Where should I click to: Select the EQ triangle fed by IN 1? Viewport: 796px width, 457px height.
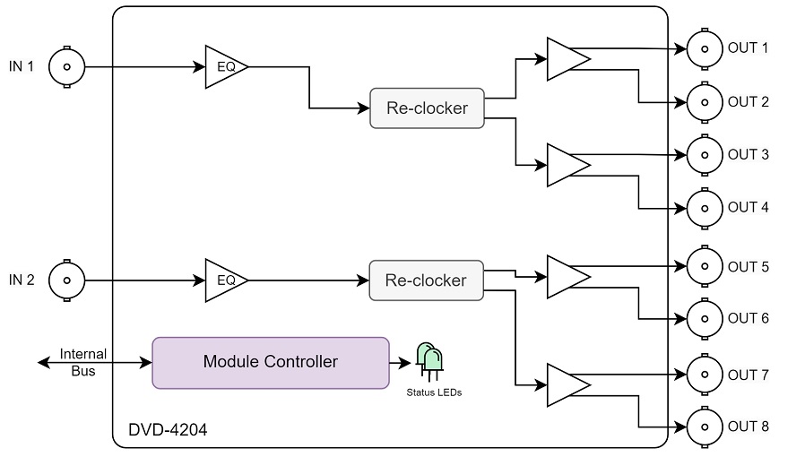[227, 67]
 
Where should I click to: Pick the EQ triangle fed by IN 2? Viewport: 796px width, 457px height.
[227, 280]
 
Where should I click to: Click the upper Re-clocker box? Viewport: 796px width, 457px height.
[427, 108]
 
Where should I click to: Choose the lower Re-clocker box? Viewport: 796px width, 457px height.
[426, 280]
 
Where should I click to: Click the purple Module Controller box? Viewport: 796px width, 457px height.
[271, 363]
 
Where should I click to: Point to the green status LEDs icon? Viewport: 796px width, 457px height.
[429, 361]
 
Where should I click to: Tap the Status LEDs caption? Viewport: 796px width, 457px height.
[434, 392]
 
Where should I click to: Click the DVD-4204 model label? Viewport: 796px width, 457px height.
[168, 430]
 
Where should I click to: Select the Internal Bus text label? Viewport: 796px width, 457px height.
[83, 362]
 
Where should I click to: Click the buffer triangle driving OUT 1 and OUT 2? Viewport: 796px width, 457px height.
[568, 59]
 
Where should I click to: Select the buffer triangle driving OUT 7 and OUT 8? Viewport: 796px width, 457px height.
[568, 385]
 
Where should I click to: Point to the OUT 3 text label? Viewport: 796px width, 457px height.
[748, 154]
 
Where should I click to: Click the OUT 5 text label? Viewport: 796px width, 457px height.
[748, 267]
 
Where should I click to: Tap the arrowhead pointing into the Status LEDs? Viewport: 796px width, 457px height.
[405, 363]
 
